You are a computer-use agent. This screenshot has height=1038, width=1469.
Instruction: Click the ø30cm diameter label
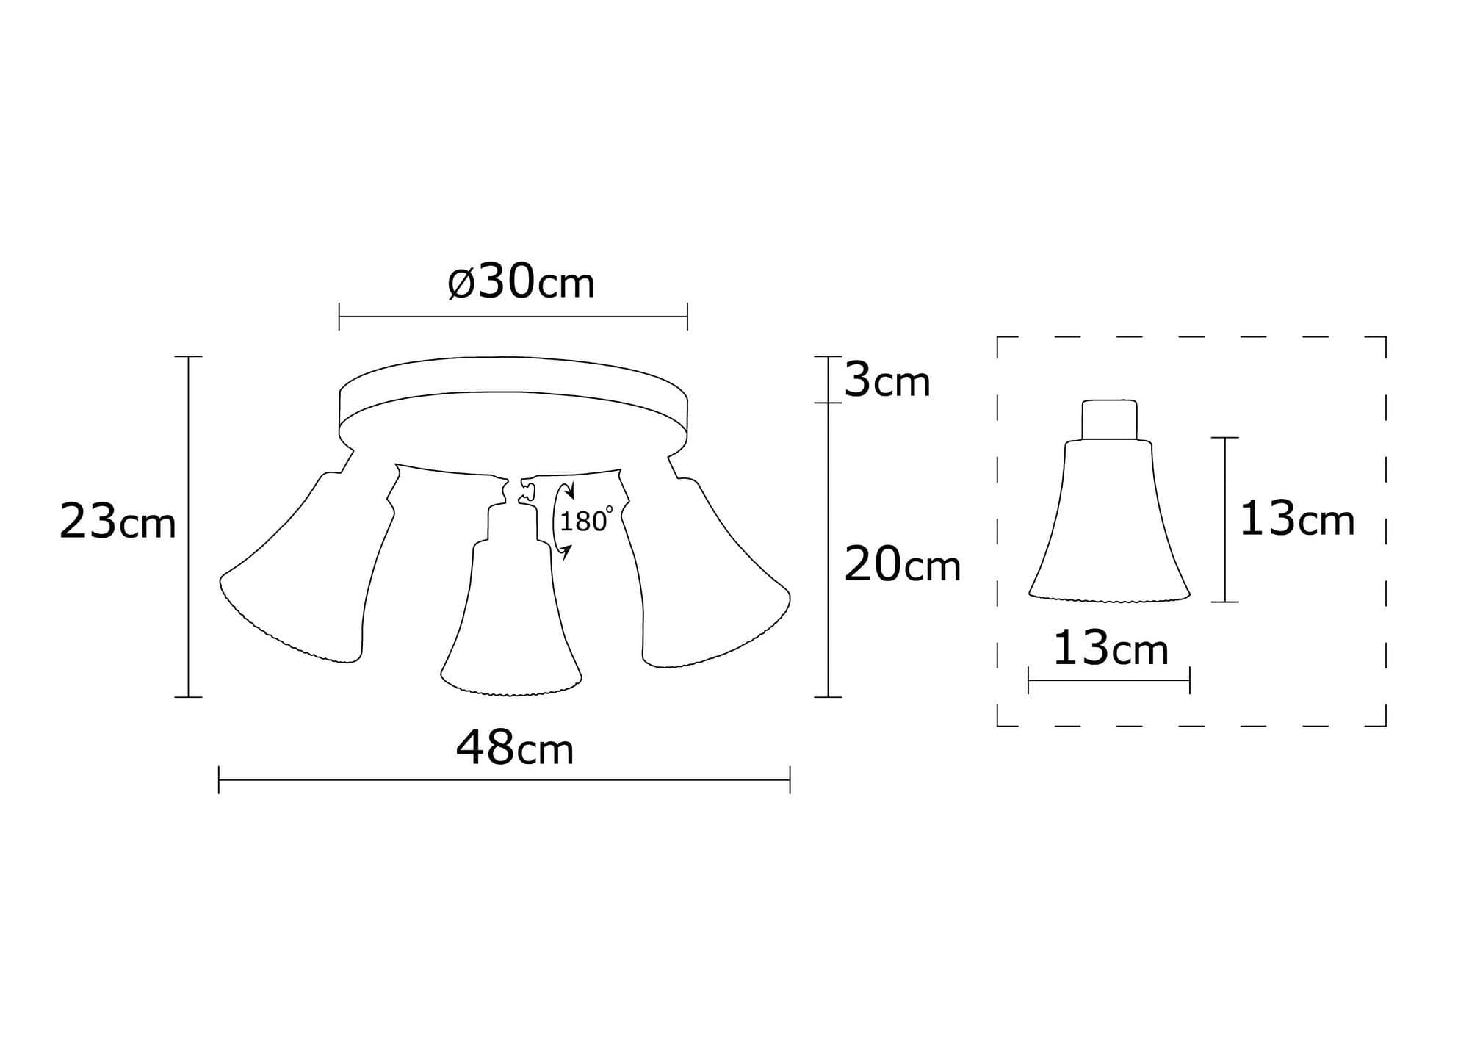521,283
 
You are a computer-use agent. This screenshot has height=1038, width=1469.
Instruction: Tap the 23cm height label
118,522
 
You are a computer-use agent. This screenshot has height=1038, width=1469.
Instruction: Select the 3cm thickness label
887,381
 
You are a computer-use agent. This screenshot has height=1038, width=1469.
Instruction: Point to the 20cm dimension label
902,566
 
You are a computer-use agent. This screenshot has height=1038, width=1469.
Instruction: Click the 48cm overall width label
514,749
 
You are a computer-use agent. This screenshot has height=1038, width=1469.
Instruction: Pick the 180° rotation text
585,521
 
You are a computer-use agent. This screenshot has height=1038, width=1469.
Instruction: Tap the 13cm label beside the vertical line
1296,520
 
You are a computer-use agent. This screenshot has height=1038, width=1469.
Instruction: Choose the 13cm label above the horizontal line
1110,649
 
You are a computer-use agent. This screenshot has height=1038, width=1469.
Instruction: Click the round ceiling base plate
513,400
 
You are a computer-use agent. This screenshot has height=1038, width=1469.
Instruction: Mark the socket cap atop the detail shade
1109,419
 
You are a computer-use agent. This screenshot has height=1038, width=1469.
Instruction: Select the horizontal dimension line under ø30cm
513,317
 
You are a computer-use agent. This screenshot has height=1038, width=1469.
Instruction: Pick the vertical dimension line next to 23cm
189,526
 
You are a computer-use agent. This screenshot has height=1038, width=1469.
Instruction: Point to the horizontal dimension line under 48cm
504,780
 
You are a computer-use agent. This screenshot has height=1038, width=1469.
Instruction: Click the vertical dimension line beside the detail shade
1225,519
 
